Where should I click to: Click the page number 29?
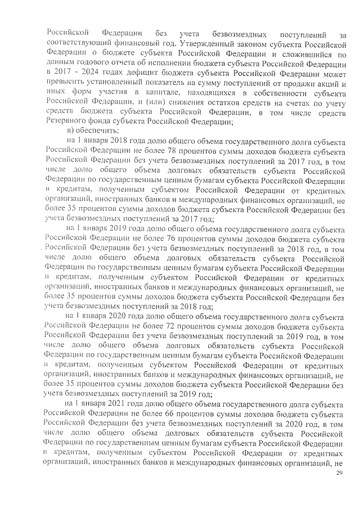[339, 474]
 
